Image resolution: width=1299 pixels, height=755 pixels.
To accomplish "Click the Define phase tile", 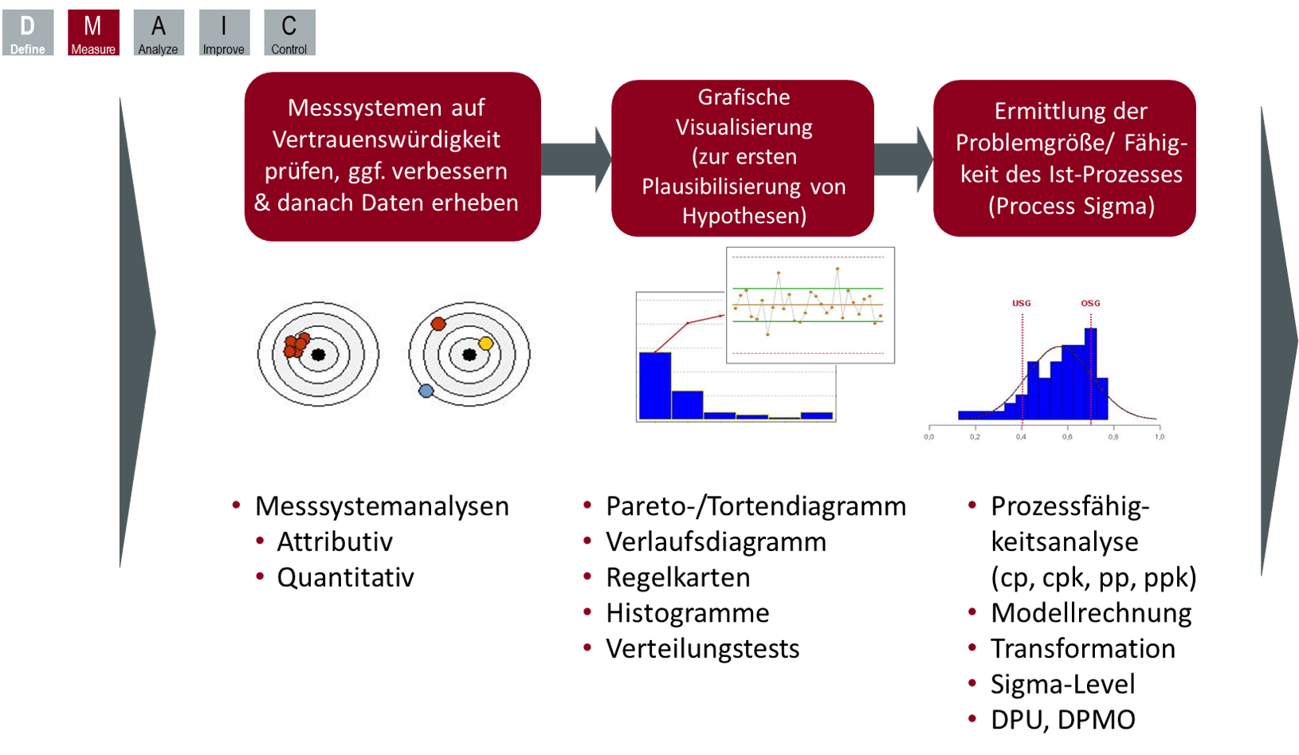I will (x=28, y=33).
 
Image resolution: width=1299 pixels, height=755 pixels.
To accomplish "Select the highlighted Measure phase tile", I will (x=93, y=33).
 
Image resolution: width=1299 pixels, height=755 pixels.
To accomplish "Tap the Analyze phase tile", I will (x=159, y=33).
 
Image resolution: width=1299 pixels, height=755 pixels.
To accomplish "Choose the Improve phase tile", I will (x=224, y=33).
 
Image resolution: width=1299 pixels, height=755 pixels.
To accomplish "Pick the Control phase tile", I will (x=289, y=33).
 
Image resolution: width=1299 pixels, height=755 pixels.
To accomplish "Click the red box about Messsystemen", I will (x=391, y=155).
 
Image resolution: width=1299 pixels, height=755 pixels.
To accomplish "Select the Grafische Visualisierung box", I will (x=743, y=157).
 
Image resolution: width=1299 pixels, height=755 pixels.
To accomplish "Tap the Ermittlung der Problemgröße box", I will (x=1065, y=158).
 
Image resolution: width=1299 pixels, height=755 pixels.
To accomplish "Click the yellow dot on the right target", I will (x=485, y=344).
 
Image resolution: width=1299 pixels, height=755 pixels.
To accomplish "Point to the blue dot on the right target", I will (x=426, y=391).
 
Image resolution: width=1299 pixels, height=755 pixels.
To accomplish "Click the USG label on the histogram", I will (x=1022, y=304).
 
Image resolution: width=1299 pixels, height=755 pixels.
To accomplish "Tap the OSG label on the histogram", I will (x=1090, y=304).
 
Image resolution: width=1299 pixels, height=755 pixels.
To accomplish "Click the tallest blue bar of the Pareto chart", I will (x=655, y=385).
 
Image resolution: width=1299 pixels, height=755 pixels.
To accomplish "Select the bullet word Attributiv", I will (x=335, y=542).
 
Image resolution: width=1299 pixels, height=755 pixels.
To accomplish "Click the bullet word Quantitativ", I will (x=345, y=577).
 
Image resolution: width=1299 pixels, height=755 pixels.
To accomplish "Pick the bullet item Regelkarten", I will (x=677, y=577).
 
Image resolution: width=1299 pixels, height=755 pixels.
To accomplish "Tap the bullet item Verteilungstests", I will (x=702, y=649).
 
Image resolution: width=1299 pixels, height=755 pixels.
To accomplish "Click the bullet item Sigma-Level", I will (x=1062, y=684).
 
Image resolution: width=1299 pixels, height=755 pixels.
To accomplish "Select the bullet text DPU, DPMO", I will (x=1062, y=720).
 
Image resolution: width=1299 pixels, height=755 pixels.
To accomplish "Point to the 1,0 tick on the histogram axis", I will (x=1160, y=437).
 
